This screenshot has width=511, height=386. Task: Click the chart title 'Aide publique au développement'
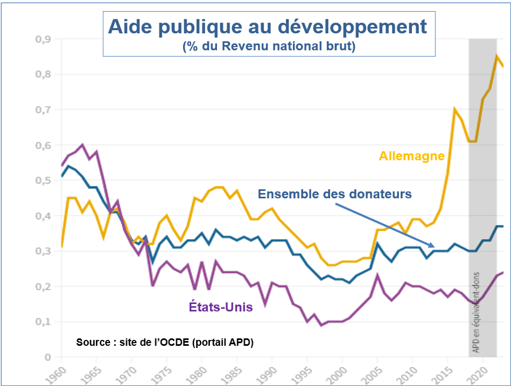(268, 27)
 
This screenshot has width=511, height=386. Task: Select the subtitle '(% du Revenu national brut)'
(268, 47)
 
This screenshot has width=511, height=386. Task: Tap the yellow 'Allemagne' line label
(411, 156)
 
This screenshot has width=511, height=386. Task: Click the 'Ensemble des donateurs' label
(335, 194)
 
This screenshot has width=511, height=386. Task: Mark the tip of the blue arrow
(434, 247)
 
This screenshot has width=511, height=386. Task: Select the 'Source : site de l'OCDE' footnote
(164, 342)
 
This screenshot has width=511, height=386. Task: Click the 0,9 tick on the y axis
(43, 39)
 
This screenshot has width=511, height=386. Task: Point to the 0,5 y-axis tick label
(43, 181)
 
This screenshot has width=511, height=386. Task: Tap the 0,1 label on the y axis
(43, 322)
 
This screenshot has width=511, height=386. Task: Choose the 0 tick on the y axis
(47, 357)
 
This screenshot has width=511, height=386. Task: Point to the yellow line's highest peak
(497, 56)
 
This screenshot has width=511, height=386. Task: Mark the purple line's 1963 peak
(82, 145)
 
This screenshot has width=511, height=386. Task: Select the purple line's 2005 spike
(378, 276)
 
